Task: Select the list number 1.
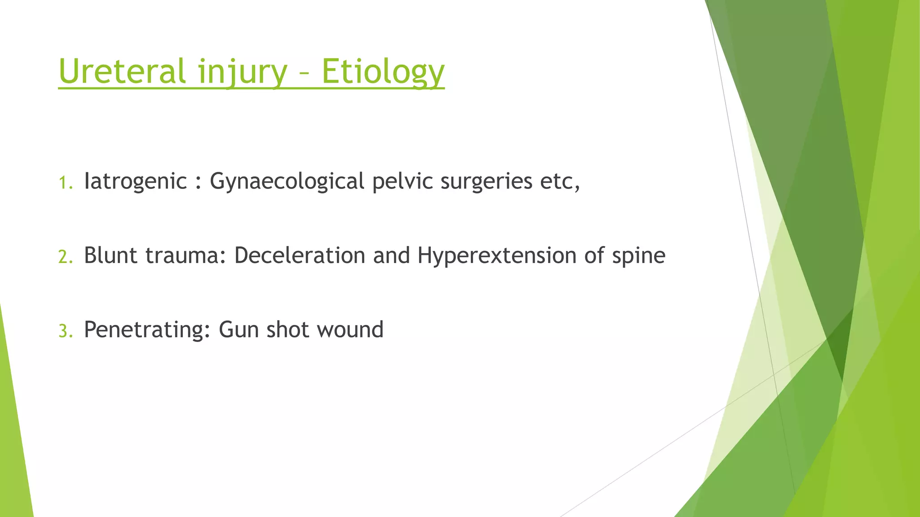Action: (65, 183)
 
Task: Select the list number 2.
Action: (65, 257)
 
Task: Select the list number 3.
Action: (65, 331)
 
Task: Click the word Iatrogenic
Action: (135, 181)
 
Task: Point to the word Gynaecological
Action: (287, 181)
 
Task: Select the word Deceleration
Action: (300, 255)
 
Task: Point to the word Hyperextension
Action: (497, 255)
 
